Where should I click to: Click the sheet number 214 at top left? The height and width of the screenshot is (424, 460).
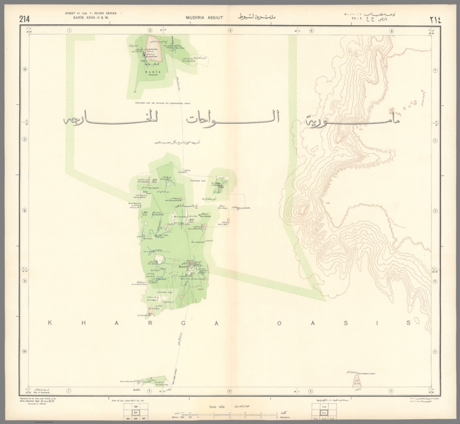coord(25,19)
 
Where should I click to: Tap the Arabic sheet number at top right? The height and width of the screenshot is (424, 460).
coord(435,20)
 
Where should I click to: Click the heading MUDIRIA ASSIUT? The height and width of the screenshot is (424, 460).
coord(204,18)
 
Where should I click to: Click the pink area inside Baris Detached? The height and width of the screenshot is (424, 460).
coord(153,46)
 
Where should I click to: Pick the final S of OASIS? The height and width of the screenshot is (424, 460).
coord(408,323)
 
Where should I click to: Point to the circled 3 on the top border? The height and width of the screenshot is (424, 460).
coord(230,30)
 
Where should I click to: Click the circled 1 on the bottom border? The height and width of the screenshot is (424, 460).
coord(69,391)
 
